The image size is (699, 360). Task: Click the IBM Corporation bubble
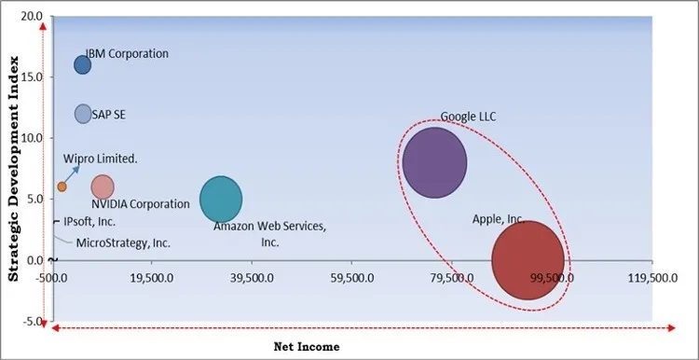click(83, 64)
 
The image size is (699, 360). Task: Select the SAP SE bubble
click(83, 114)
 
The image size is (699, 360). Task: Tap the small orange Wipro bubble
click(62, 187)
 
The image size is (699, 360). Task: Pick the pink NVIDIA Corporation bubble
click(103, 187)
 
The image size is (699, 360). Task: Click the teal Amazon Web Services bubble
click(221, 199)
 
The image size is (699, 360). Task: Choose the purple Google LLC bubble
click(434, 162)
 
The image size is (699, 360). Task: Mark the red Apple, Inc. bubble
click(528, 259)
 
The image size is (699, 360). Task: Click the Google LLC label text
click(468, 118)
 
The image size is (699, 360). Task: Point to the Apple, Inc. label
click(498, 220)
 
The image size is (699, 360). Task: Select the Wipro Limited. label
click(101, 159)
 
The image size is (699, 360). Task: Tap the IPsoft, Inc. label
click(89, 222)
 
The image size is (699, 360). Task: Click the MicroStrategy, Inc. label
click(123, 242)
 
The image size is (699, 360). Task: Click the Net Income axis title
click(307, 347)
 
